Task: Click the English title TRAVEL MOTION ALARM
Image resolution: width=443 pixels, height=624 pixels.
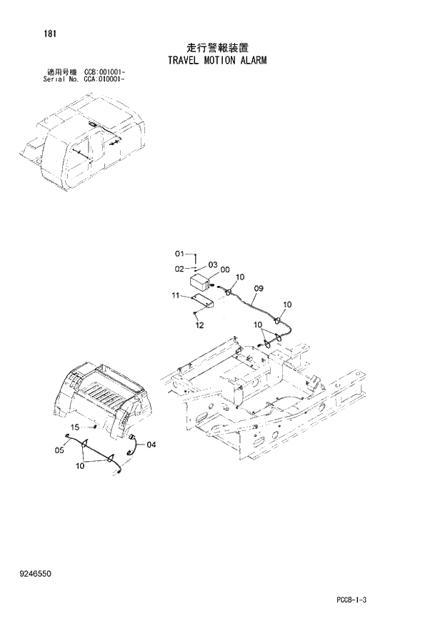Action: [x=217, y=61]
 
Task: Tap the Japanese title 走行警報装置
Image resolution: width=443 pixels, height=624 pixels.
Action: [x=217, y=47]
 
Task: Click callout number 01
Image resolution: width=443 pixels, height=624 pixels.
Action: [x=179, y=254]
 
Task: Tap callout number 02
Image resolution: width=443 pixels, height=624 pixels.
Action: [x=179, y=268]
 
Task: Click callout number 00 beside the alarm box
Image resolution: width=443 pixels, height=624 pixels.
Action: [x=225, y=270]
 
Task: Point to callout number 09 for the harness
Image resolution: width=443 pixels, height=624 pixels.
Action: [x=258, y=289]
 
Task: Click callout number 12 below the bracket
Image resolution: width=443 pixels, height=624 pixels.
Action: [x=199, y=325]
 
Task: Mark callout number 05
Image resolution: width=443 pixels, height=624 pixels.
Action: [x=59, y=450]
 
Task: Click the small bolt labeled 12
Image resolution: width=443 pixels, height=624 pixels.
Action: [x=195, y=313]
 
